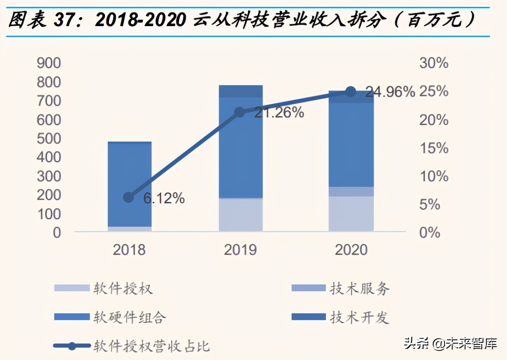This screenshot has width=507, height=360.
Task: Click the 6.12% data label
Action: click(164, 198)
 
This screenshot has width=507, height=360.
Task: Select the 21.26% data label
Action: click(279, 113)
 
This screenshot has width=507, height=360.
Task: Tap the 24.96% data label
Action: click(390, 92)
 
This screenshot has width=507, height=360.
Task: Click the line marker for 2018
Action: click(129, 197)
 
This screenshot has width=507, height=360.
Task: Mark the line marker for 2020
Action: click(351, 92)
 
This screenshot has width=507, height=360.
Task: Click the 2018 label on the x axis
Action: click(129, 250)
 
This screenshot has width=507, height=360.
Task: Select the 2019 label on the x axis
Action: click(240, 250)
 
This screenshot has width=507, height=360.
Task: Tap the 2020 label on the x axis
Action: click(351, 250)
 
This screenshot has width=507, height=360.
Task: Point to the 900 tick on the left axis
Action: click(49, 63)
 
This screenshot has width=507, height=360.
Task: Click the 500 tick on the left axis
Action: click(49, 138)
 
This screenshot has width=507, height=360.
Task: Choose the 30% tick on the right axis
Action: click(434, 63)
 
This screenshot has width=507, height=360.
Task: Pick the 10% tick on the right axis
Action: click(434, 176)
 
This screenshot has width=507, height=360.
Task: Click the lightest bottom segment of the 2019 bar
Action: click(240, 214)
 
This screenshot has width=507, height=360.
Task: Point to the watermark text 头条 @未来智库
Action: click(450, 343)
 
